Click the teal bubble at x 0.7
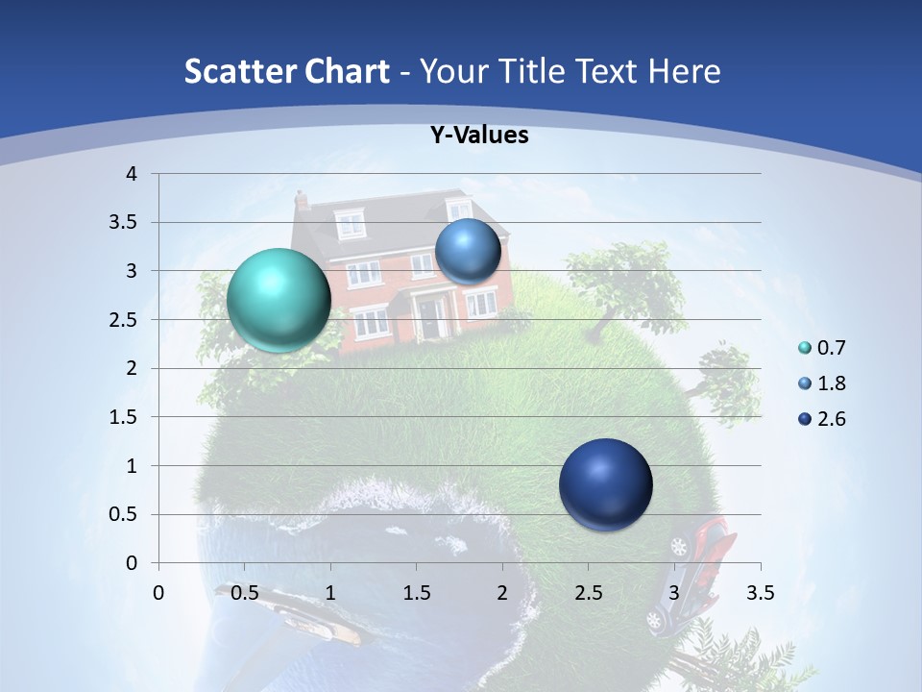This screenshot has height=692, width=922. coord(279,300)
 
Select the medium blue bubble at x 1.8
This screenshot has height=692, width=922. coord(468,251)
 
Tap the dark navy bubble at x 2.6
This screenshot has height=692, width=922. coord(605,484)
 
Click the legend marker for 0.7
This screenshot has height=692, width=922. coord(805,348)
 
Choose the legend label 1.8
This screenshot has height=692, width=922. coord(832,383)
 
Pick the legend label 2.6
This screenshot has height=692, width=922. coord(832,419)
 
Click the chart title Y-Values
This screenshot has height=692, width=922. coord(479,136)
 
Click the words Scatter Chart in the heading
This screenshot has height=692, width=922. coord(286,71)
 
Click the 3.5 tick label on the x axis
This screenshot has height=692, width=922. coord(761,593)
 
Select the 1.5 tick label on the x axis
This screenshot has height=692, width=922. coord(416,593)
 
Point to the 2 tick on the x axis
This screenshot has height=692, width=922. coord(502,593)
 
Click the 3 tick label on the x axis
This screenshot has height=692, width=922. coord(674,593)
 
